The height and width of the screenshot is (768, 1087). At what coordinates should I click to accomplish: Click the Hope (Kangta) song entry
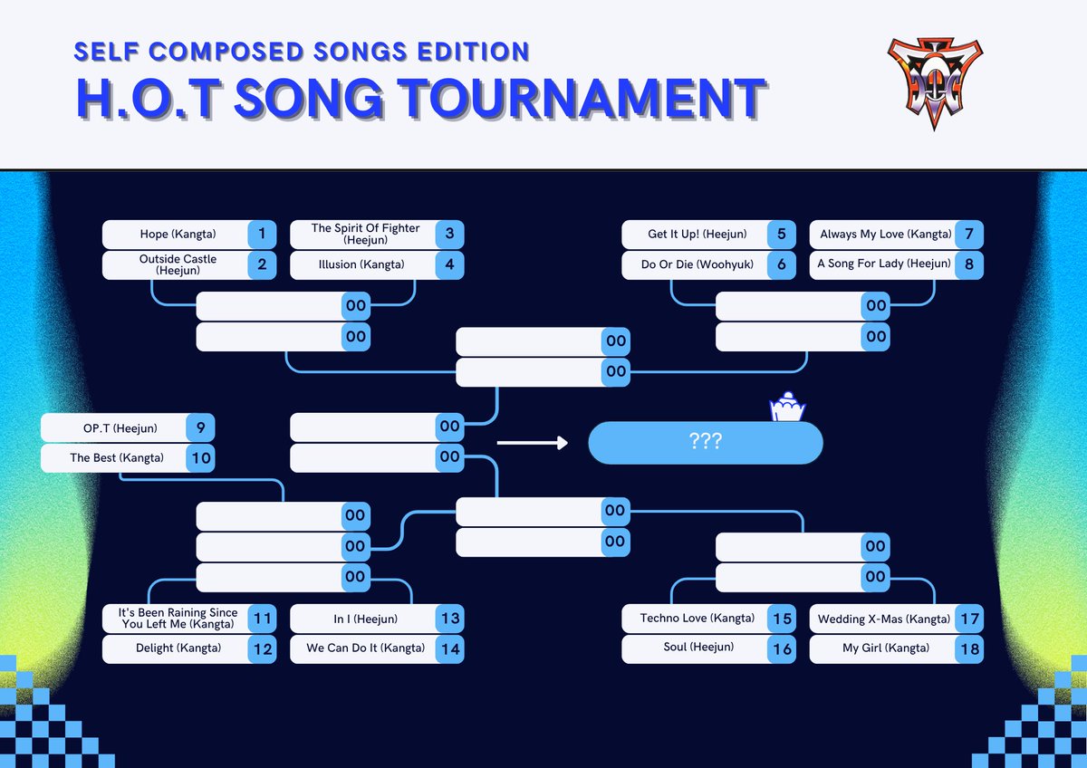[178, 235]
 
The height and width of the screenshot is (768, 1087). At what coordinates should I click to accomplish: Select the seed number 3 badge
[449, 235]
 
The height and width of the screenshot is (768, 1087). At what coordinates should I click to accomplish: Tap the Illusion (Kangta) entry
[362, 265]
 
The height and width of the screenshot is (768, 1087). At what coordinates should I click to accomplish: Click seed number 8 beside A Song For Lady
[968, 265]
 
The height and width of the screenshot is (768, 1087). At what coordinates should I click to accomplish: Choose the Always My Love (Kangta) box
[884, 235]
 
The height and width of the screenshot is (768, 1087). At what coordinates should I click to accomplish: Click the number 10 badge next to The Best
[201, 458]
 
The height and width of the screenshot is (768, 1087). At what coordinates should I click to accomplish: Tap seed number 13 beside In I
[449, 619]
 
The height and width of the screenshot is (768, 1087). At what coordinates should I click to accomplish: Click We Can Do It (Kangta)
[365, 648]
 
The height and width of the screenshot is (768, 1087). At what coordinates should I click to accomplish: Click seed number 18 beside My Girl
[968, 648]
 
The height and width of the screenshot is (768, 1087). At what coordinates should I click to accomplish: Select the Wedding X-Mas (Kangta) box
[884, 619]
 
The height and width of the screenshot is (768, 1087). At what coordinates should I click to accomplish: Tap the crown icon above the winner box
[786, 410]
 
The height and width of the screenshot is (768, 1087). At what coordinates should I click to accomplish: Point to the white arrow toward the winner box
[532, 443]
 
